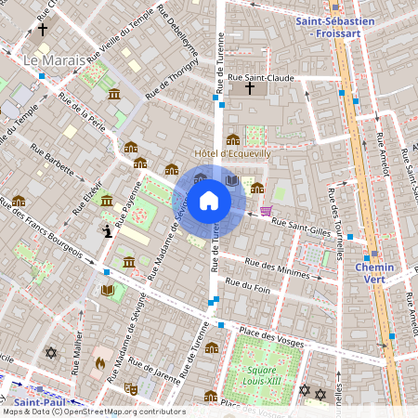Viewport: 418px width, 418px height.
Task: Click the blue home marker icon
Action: click(208, 200)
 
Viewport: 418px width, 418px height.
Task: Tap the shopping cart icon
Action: click(268, 211)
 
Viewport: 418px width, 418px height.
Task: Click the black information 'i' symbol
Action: click(108, 230)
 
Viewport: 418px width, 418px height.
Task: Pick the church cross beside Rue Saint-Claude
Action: click(249, 89)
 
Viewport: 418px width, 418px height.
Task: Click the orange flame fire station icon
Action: click(100, 362)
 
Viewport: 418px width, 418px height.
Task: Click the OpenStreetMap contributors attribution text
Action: click(93, 411)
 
